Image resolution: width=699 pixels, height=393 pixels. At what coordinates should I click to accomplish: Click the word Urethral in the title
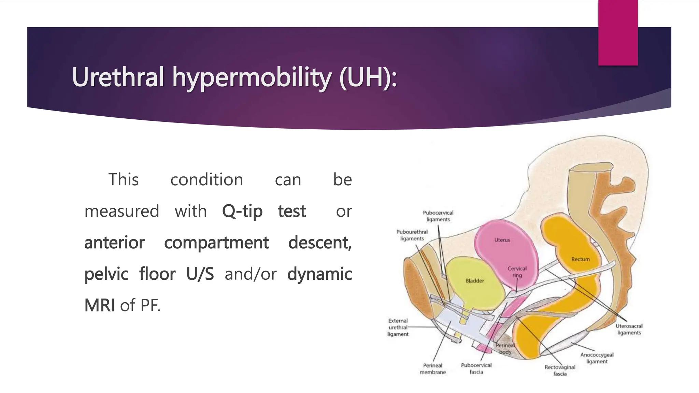coord(118,77)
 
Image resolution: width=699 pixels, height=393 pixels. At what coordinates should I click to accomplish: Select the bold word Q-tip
coord(242,211)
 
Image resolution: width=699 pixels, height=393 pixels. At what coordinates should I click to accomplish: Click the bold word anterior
coord(114,243)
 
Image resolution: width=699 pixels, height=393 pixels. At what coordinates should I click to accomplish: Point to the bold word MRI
coord(99,305)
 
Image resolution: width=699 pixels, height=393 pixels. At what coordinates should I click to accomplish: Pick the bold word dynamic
coord(319,274)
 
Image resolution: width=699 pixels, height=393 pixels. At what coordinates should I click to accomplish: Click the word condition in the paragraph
coord(206,180)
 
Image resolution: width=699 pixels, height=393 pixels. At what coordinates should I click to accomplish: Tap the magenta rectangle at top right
coord(618,32)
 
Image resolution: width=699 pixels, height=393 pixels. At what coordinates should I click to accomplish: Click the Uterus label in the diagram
coord(502,240)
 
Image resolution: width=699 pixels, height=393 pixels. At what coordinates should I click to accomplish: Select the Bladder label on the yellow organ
coord(475,281)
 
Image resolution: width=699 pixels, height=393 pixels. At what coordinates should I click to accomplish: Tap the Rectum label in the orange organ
coord(580,259)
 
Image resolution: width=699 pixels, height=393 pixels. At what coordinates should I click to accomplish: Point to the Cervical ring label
coord(517,272)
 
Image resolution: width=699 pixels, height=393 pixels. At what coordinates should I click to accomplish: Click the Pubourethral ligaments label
coord(412,235)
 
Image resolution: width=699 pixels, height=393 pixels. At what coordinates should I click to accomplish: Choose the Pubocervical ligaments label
coord(438,216)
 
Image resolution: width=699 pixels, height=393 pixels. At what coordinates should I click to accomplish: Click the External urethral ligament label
coord(398,327)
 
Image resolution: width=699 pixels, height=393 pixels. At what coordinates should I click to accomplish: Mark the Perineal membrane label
coord(432,369)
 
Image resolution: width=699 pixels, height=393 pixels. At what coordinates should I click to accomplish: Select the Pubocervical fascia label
coord(476,368)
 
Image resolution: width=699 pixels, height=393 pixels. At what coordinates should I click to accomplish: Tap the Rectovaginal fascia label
coord(560,370)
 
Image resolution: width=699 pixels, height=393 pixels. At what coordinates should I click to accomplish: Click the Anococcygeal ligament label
coord(597,358)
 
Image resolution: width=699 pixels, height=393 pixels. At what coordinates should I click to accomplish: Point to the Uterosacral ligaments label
coord(629,329)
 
